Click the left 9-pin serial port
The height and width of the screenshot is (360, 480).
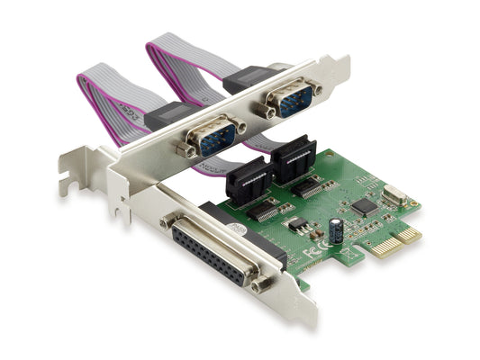point(214,136)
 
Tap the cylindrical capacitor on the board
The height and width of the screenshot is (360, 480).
point(336,230)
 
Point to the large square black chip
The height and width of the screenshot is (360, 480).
point(364,206)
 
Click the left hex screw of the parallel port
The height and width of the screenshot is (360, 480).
point(167,219)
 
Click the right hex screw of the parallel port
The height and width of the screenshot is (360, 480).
point(262,286)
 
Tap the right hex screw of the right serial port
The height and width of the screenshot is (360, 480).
point(316,88)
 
